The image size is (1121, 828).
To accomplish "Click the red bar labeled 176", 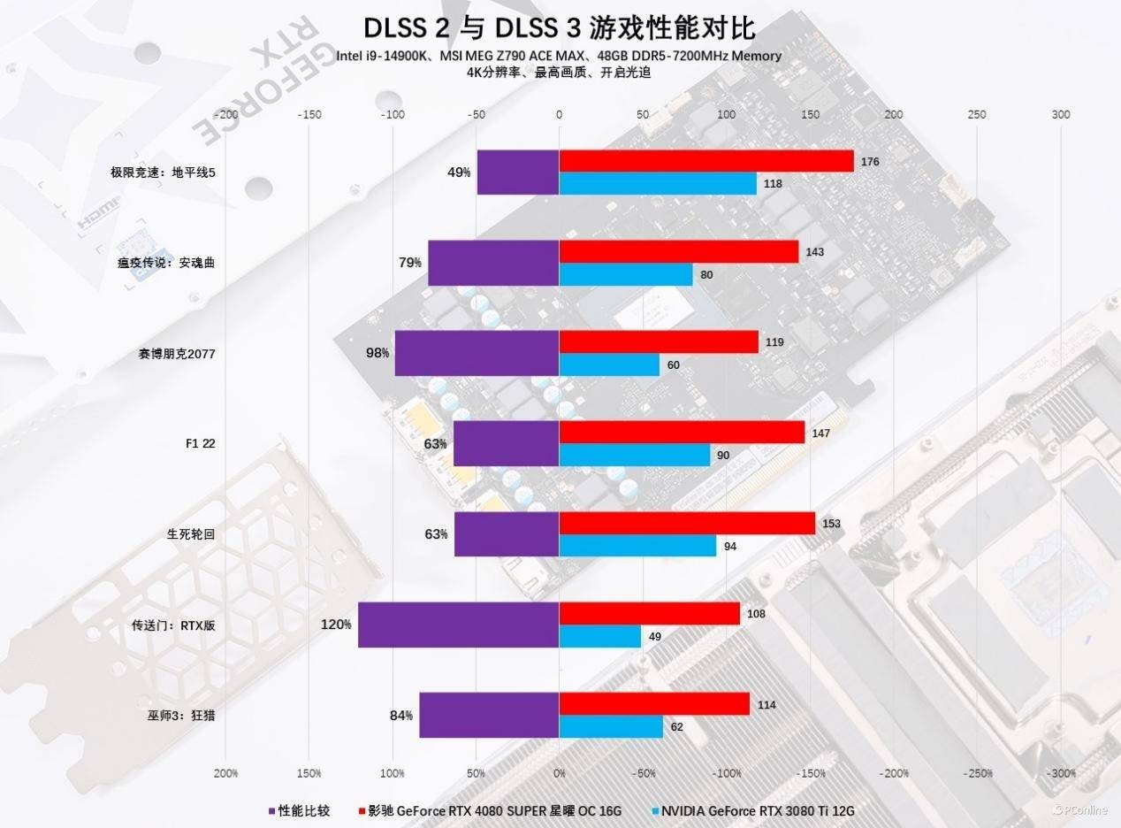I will pyautogui.click(x=705, y=161).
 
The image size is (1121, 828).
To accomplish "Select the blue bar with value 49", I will pyautogui.click(x=600, y=636).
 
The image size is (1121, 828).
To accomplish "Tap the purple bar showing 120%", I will pyautogui.click(x=458, y=625).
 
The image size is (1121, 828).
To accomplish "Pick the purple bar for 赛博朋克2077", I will pyautogui.click(x=477, y=353).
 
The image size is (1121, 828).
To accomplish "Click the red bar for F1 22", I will pyautogui.click(x=682, y=432).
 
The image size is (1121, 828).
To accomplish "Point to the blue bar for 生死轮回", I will pyautogui.click(x=637, y=546).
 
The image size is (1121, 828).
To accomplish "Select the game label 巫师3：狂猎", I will pyautogui.click(x=176, y=715).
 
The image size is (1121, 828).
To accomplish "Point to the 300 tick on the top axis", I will pyautogui.click(x=1061, y=114).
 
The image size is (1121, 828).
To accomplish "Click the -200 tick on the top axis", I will pyautogui.click(x=226, y=114).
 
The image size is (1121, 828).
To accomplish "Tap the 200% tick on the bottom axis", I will pyautogui.click(x=226, y=773).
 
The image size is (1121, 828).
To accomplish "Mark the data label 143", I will pyautogui.click(x=814, y=252).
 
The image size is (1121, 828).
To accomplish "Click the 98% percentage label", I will pyautogui.click(x=377, y=353).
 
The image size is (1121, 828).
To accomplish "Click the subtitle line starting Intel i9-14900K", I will pyautogui.click(x=559, y=57).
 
